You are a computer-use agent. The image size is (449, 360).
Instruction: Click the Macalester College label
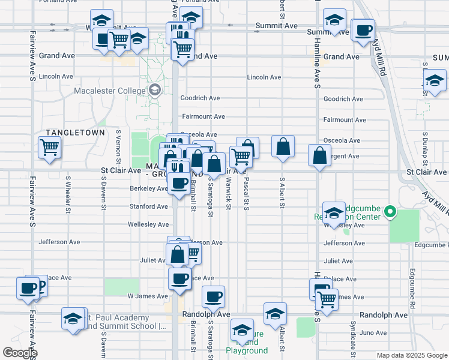pyautogui.click(x=110, y=91)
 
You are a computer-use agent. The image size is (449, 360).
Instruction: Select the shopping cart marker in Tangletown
pyautogui.click(x=49, y=148)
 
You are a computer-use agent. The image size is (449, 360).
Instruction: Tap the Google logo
pyautogui.click(x=20, y=353)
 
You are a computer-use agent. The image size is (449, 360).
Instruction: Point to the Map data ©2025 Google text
pyautogui.click(x=412, y=355)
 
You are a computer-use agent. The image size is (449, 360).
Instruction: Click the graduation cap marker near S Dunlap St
pyautogui.click(x=434, y=81)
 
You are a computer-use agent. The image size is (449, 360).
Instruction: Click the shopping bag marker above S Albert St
pyautogui.click(x=283, y=146)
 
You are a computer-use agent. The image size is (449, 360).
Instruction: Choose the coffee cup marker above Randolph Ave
pyautogui.click(x=214, y=296)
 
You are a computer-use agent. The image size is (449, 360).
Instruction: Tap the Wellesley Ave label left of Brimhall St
pyautogui.click(x=148, y=224)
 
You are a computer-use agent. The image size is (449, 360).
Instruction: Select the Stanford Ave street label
pyautogui.click(x=149, y=206)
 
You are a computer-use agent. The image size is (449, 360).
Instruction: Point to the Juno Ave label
pyautogui.click(x=373, y=332)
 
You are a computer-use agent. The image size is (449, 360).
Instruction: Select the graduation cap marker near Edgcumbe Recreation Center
pyautogui.click(x=334, y=212)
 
